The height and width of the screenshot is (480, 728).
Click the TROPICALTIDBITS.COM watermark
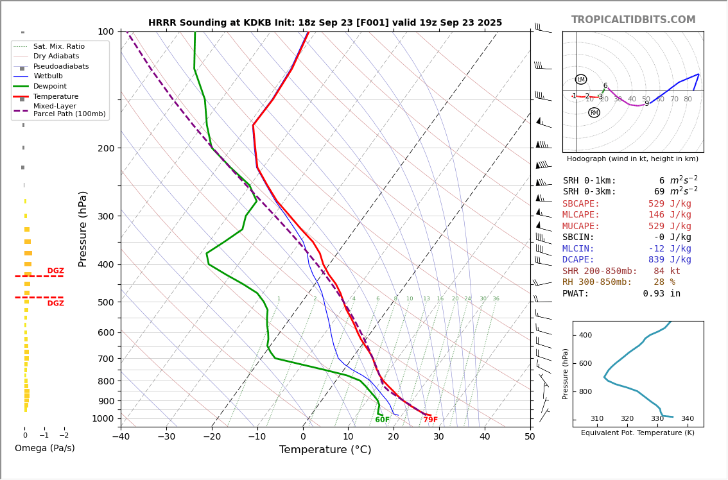633,20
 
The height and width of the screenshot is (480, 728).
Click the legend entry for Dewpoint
49,87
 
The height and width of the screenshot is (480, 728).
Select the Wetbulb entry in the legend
48,76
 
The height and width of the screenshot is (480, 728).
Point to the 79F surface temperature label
430,420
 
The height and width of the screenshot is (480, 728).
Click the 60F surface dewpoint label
382,420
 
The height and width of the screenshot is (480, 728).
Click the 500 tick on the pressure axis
105,302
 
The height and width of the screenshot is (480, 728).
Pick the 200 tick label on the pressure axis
105,148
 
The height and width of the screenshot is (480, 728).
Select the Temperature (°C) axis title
325,450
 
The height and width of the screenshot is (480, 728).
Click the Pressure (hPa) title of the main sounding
83,228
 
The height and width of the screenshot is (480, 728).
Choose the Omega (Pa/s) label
44,449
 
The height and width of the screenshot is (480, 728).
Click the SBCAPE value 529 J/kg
669,204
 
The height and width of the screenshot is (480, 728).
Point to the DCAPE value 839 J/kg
669,260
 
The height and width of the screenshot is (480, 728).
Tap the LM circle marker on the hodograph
581,80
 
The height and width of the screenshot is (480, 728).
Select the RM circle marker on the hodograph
594,113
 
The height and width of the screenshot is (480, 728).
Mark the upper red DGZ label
56,271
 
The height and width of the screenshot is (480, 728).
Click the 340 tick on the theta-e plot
687,419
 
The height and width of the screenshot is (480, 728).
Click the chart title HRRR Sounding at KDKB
325,23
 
